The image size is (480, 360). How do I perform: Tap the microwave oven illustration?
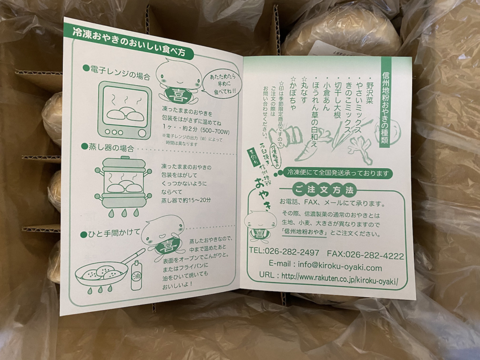tap(124, 110)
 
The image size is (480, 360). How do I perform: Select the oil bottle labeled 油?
tap(136, 276)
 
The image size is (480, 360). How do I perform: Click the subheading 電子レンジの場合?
tap(117, 72)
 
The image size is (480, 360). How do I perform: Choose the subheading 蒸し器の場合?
tap(107, 148)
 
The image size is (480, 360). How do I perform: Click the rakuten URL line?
tap(329, 277)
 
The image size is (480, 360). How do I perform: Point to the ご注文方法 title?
tap(324, 189)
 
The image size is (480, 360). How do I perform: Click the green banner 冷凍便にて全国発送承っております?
tap(338, 173)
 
